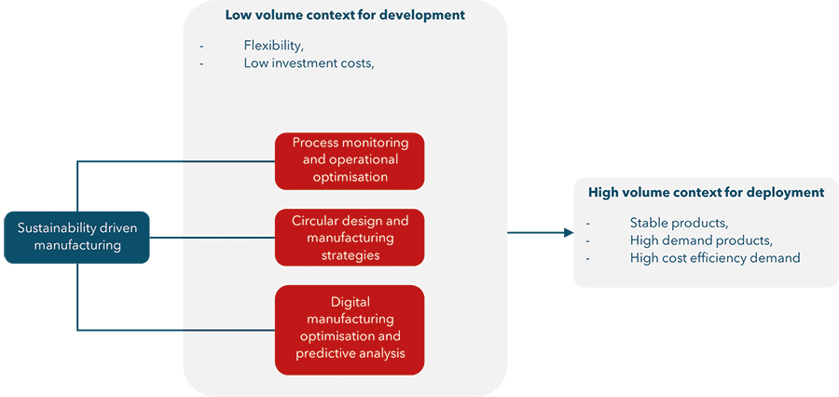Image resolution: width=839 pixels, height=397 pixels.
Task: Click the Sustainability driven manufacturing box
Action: pos(76,237)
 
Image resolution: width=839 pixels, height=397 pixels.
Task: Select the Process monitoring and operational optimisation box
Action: pos(350,160)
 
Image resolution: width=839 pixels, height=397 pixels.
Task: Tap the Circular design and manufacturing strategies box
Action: pos(350,238)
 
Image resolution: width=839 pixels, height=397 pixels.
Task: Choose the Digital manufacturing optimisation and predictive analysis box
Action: pos(350,328)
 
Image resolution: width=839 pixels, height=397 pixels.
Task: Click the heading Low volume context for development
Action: pos(345,16)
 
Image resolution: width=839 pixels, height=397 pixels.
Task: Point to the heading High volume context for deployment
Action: pos(706,193)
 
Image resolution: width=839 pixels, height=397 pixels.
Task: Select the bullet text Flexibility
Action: pos(273,45)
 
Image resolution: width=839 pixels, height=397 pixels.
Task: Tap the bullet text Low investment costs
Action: pos(309,63)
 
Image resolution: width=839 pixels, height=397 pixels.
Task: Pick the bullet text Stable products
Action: pos(679,222)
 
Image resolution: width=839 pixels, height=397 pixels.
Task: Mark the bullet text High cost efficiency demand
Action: pos(714,257)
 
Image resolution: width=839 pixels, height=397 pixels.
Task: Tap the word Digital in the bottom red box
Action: pos(350,302)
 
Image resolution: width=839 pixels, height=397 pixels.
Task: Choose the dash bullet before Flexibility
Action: pos(201,46)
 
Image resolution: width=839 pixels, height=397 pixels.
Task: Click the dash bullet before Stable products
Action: pos(587,223)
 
